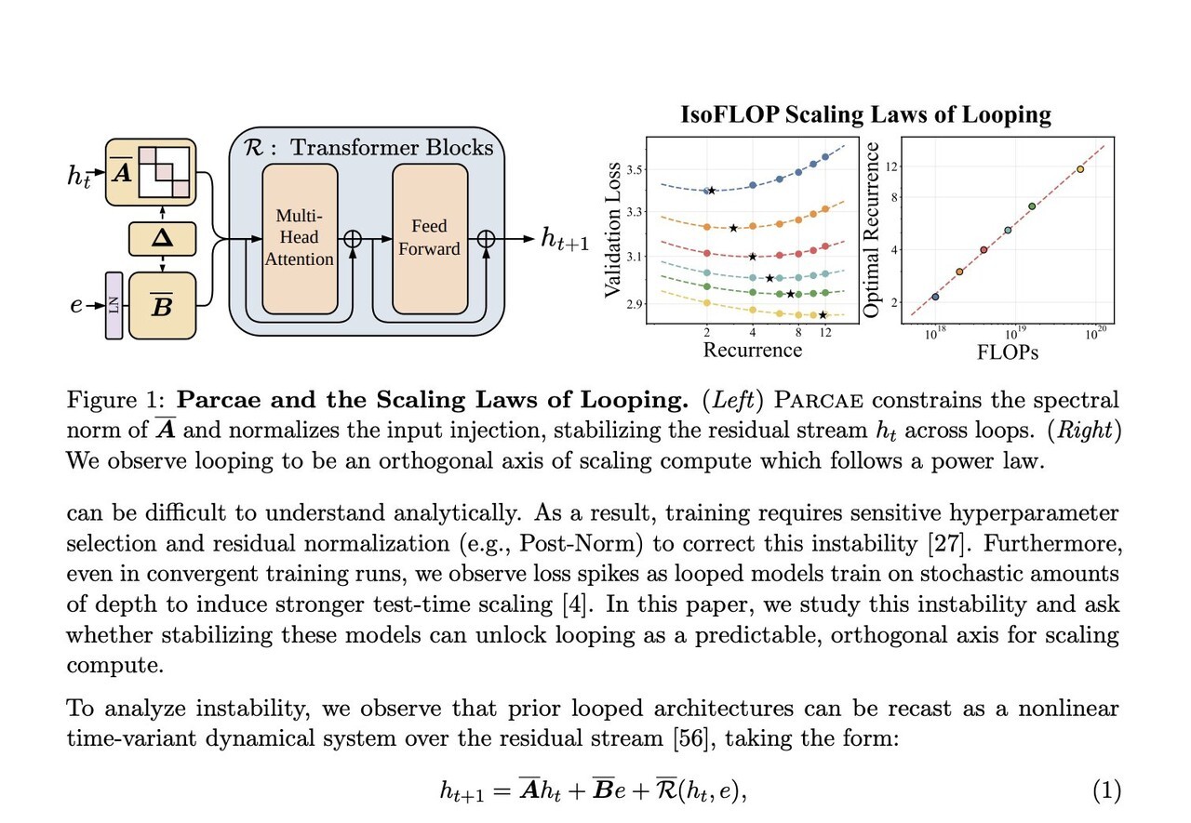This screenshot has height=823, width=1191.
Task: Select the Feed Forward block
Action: (x=430, y=238)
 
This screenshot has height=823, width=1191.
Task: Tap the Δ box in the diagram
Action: (x=163, y=241)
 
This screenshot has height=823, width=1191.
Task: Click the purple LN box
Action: (x=114, y=305)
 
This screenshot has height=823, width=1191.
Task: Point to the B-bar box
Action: (x=163, y=306)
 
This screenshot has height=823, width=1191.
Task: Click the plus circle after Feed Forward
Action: (x=486, y=239)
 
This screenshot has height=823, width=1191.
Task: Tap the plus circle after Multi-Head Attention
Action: (x=353, y=239)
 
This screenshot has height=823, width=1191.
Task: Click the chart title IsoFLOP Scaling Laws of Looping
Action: (x=865, y=115)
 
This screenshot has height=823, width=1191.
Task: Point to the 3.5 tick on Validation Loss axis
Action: (x=636, y=170)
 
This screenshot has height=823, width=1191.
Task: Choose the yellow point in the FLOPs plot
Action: (x=1080, y=169)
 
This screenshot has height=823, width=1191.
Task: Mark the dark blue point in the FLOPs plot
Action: (x=935, y=297)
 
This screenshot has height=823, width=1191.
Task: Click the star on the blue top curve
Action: (x=712, y=191)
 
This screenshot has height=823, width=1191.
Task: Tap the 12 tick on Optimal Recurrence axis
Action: (x=894, y=166)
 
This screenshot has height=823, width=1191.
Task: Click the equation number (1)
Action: (x=1106, y=791)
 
